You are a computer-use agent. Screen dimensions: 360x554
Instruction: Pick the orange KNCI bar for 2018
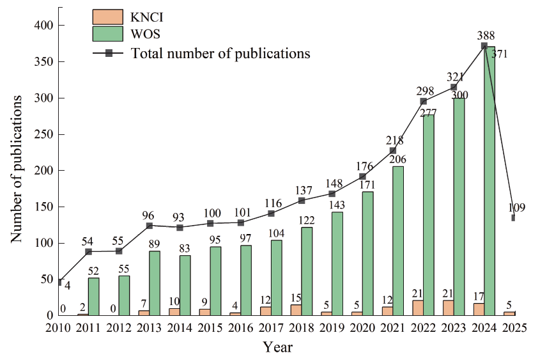point(295,309)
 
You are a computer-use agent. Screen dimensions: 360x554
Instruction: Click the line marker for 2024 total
point(484,46)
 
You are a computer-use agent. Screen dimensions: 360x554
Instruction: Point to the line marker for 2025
point(514,218)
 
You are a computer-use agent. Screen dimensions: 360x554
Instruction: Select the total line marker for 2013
point(150,226)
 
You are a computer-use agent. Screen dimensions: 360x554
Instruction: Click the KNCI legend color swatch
point(109,17)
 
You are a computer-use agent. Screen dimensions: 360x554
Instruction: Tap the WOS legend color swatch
point(109,35)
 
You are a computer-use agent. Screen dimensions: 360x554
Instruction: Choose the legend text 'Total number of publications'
point(220,53)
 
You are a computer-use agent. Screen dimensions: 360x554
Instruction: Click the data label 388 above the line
point(484,35)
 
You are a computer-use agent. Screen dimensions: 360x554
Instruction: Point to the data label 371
point(500,54)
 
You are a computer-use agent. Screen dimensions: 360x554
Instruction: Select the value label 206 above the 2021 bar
point(397,159)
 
